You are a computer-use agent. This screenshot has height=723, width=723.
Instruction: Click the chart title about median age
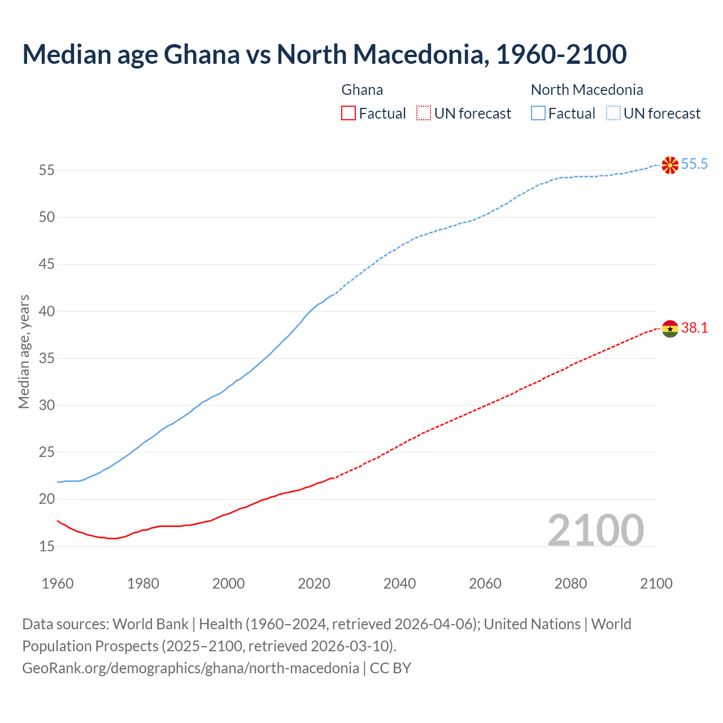[x=324, y=54]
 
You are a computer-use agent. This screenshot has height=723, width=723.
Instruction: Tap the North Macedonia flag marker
[x=670, y=165]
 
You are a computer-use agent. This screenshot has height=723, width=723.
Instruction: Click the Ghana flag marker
[x=670, y=328]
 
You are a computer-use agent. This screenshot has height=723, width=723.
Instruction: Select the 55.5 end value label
[x=694, y=164]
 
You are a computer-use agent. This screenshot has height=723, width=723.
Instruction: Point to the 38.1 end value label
[x=694, y=328]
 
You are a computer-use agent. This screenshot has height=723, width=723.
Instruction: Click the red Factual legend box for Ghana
[x=349, y=114]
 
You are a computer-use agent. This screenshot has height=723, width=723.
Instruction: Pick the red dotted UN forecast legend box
[x=424, y=114]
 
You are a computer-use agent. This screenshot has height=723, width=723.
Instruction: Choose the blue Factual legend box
[x=538, y=114]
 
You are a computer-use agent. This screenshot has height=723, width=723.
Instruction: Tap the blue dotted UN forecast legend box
[x=613, y=114]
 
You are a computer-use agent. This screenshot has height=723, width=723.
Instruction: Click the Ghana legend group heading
[x=362, y=90]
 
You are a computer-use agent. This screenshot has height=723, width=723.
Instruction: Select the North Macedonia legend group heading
[x=587, y=90]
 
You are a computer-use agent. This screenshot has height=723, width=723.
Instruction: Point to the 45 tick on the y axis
[x=46, y=264]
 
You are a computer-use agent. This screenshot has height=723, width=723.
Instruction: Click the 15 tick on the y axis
[x=46, y=546]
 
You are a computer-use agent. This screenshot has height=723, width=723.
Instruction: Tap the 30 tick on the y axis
[x=46, y=405]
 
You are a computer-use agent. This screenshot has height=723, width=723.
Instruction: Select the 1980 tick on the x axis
[x=143, y=583]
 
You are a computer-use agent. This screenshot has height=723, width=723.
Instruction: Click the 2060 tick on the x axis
[x=485, y=583]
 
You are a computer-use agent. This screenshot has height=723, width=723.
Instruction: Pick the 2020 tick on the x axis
[x=314, y=583]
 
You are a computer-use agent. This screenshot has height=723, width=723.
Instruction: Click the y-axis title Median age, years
[x=24, y=351]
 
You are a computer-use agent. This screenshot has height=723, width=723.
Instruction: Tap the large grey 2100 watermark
[x=595, y=530]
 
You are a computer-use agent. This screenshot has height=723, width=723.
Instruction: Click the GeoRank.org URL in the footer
[x=190, y=668]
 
